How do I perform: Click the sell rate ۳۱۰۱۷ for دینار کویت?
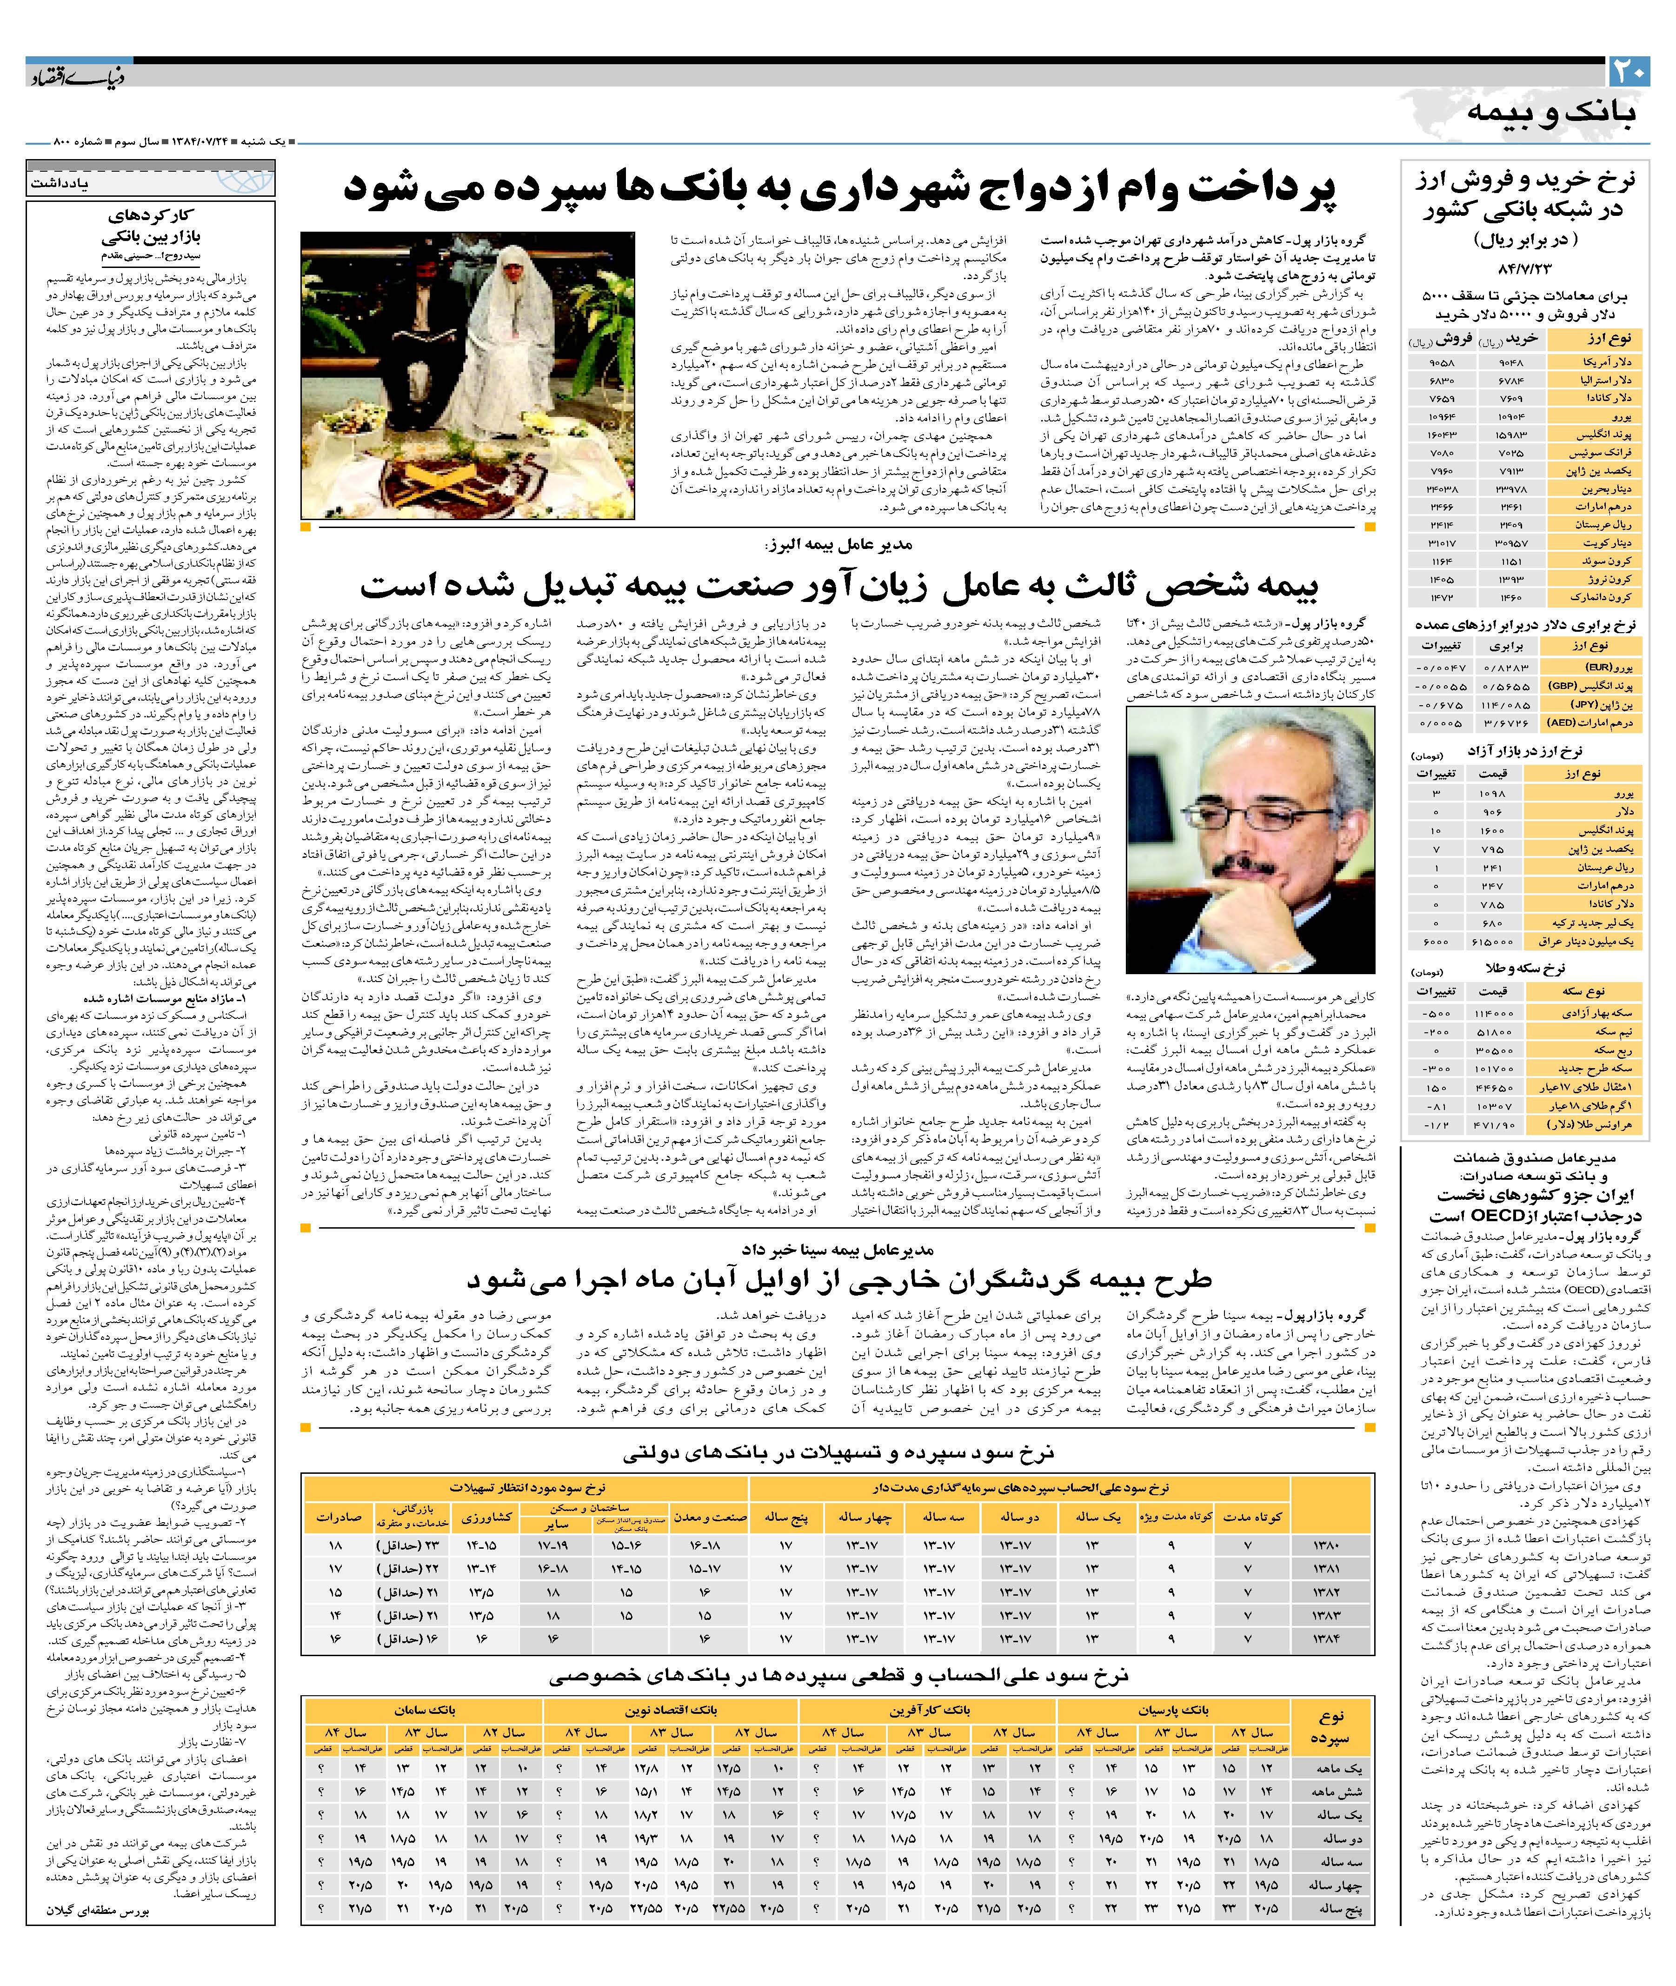point(1442,542)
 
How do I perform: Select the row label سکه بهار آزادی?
point(1596,1014)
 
